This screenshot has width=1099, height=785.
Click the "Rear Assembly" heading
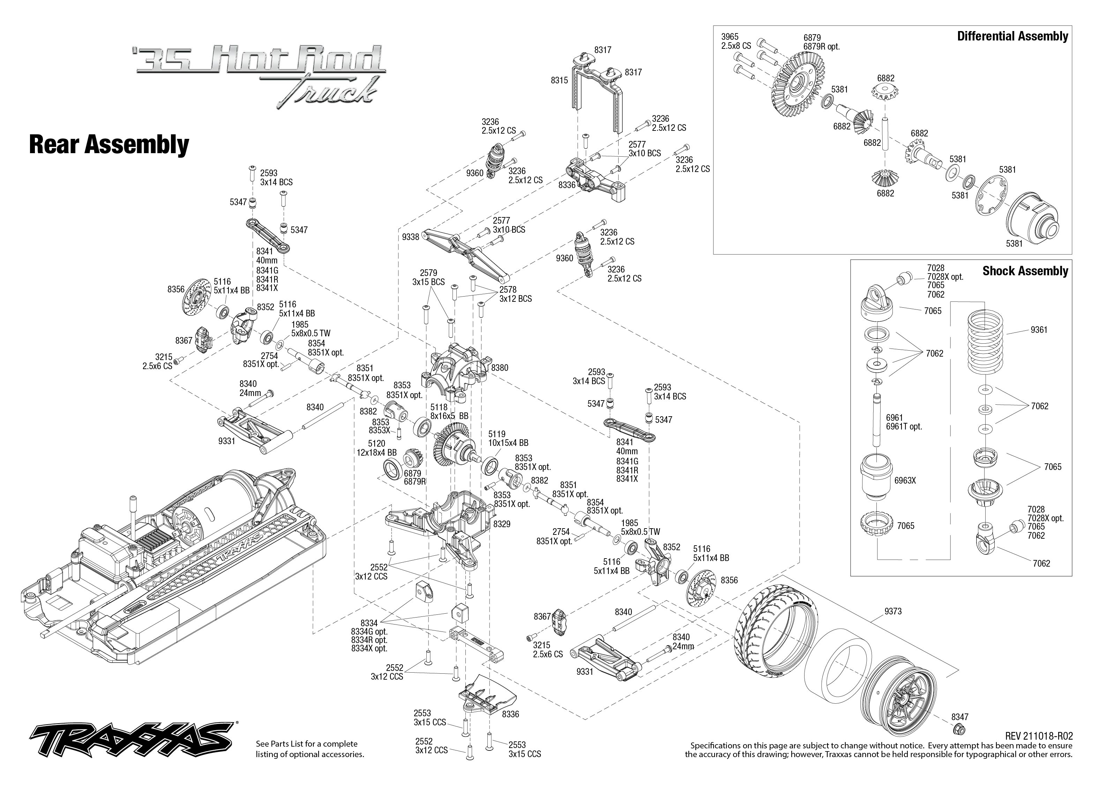point(109,144)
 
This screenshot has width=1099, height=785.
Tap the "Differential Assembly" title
point(1012,36)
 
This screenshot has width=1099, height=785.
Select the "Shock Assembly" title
point(1025,271)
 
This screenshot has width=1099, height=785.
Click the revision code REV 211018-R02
point(1039,736)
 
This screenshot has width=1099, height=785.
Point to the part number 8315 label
point(559,80)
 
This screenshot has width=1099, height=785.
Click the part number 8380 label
point(500,367)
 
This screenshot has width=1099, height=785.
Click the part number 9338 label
point(410,237)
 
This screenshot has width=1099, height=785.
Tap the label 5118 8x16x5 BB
point(449,411)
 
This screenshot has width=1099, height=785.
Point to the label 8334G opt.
point(369,631)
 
